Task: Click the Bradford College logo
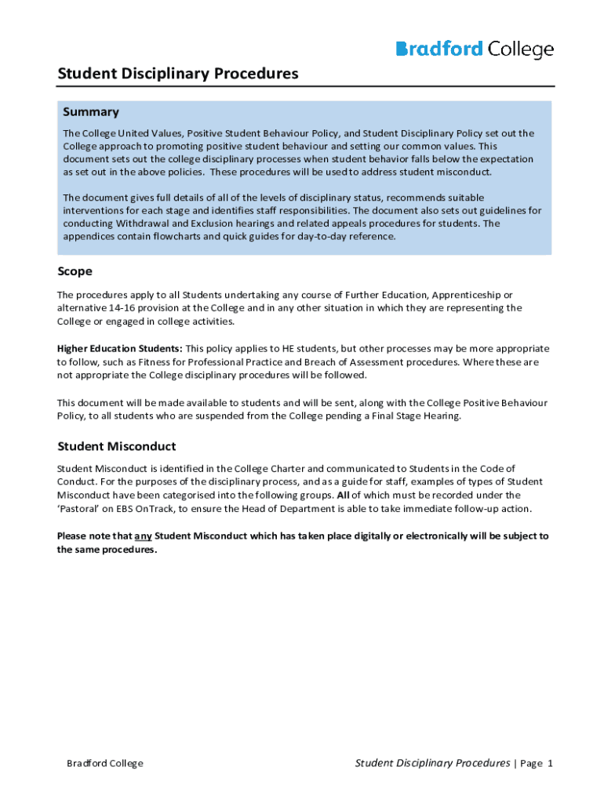click(x=475, y=50)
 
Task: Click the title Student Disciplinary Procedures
click(x=178, y=74)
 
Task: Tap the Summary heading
click(x=91, y=112)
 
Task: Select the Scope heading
click(x=75, y=271)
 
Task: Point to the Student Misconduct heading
click(x=116, y=446)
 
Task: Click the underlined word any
click(x=143, y=536)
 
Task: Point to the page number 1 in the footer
click(x=551, y=764)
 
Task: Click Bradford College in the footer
click(x=104, y=764)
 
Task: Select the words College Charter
click(x=275, y=468)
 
